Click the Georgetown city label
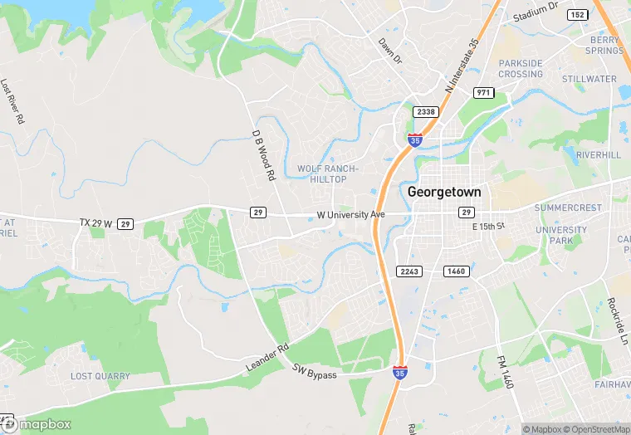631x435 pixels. click(444, 191)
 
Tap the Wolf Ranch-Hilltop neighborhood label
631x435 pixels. click(327, 174)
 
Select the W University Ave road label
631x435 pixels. click(351, 214)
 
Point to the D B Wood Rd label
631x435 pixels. click(263, 155)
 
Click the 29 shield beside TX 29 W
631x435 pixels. click(125, 223)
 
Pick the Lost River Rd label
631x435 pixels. click(12, 101)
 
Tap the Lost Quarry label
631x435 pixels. click(100, 376)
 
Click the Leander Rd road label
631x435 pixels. click(267, 357)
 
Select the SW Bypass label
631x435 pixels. click(315, 375)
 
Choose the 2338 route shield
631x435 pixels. click(425, 111)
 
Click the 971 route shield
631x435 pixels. click(483, 91)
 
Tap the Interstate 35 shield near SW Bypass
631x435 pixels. click(400, 374)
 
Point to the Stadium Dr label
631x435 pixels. click(536, 10)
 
